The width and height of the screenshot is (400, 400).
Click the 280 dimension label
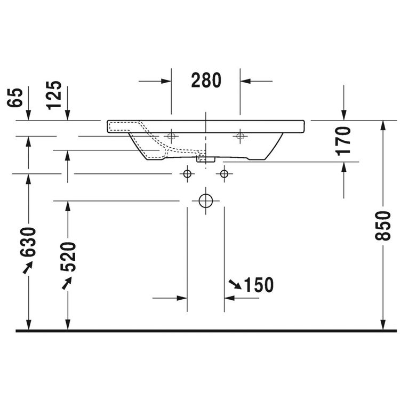(206, 80)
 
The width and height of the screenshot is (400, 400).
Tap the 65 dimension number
(15, 98)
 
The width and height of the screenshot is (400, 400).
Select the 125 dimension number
(54, 95)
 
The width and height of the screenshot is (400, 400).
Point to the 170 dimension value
(343, 141)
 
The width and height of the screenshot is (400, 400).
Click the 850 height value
(382, 226)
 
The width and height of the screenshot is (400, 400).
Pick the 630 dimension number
(28, 242)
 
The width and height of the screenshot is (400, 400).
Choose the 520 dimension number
(68, 257)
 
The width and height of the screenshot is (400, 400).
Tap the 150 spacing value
(259, 285)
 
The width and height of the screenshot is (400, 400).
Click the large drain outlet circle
(206, 201)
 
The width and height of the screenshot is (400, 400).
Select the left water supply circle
(187, 174)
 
